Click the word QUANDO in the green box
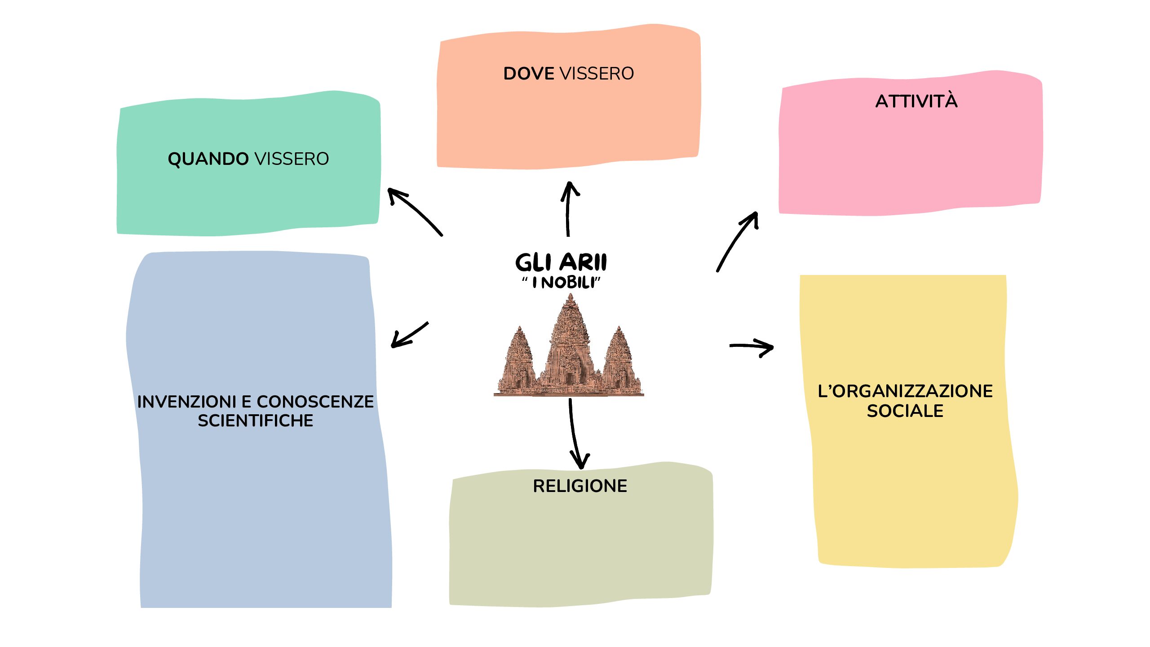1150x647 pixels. [208, 159]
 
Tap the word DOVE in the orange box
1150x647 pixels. [529, 74]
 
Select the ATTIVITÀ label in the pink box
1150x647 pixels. [916, 102]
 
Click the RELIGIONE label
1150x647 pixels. [580, 486]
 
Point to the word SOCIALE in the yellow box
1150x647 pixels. [905, 411]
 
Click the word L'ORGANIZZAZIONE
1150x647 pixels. [905, 391]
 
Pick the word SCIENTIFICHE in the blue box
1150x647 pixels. [255, 421]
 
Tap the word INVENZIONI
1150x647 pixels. [186, 402]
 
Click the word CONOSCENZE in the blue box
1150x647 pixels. [315, 402]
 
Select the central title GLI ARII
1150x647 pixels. [561, 262]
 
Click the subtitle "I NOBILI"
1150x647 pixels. [561, 283]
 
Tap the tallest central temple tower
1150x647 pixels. [570, 341]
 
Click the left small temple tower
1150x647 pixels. [520, 359]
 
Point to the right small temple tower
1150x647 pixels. [619, 359]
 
